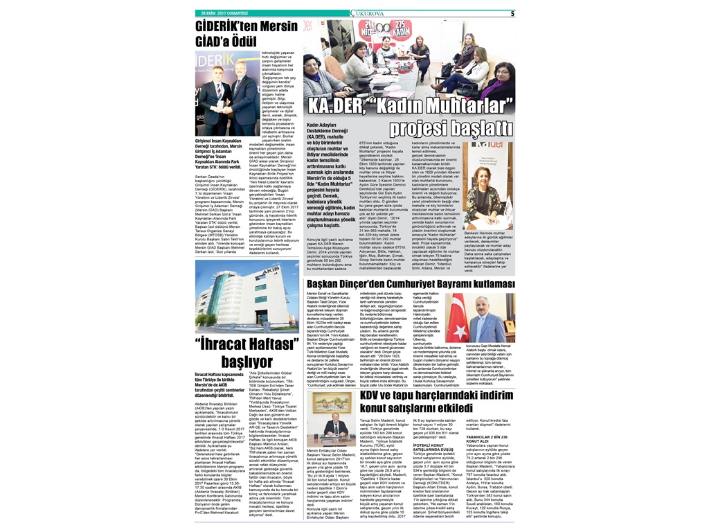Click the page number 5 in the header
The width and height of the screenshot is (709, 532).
coord(512,13)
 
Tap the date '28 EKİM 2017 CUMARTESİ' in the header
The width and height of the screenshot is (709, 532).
coord(224,13)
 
